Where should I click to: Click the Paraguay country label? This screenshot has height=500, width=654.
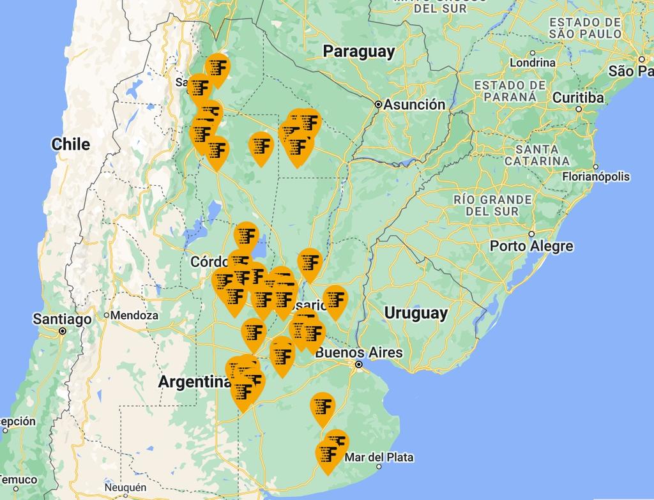coord(359,52)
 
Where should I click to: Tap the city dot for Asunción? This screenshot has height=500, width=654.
coord(378,104)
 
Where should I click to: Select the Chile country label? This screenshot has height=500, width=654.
coord(70,144)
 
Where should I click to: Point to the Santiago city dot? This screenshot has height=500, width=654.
coord(63,331)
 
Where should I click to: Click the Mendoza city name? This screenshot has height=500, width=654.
coord(134,315)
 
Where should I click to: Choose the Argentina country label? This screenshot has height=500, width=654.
coord(194,382)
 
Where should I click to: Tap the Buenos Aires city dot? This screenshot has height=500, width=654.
coord(359,365)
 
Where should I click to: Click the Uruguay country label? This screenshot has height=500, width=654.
coord(416,313)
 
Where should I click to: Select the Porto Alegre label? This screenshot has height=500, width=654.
coord(531,246)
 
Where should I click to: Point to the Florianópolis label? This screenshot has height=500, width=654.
coord(595,177)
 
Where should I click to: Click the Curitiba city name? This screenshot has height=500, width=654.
coord(577,98)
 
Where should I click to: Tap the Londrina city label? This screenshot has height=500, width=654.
coord(532,63)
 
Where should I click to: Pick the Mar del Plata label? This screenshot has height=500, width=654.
coord(379,457)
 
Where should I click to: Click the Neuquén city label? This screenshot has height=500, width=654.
coord(125,488)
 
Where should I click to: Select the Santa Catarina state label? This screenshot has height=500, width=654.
coord(537,155)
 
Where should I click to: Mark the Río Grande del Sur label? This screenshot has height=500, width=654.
coord(492,205)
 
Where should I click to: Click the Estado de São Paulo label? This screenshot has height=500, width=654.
coord(584,27)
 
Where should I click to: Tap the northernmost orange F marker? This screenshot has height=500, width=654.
coord(217,67)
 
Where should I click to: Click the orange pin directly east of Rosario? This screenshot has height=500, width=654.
coord(335,299)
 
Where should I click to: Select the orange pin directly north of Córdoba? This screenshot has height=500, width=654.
coord(246,236)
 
